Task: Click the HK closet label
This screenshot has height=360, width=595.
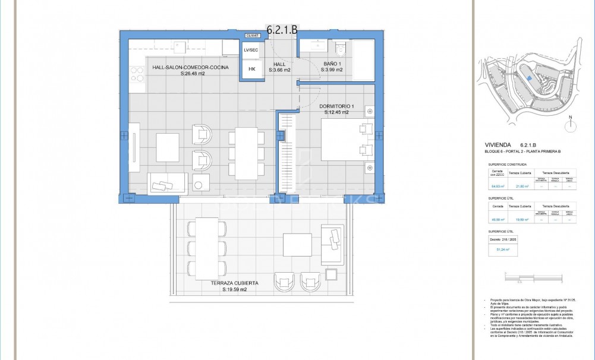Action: pos(252,69)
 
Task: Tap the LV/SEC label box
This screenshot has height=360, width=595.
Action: pos(251,50)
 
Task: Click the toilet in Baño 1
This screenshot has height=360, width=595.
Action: pos(341,48)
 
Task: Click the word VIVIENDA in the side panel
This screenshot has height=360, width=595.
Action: pos(498,144)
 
